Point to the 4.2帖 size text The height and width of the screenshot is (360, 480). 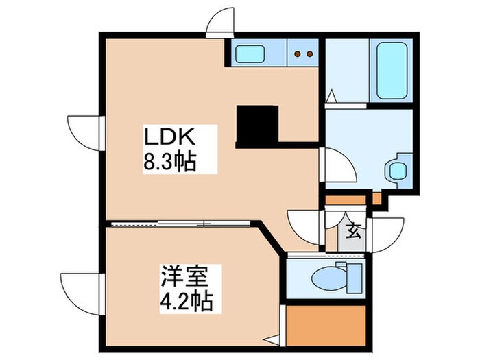coord(186,300)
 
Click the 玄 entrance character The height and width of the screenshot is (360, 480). coord(352,231)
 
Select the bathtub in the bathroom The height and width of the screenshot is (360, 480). coord(392,71)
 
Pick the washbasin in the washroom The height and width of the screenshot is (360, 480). coord(396,169)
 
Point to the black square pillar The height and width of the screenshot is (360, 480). coord(256,125)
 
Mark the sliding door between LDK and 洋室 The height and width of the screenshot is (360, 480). coord(182,223)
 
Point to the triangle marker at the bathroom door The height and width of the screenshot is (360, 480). coord(331,96)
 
